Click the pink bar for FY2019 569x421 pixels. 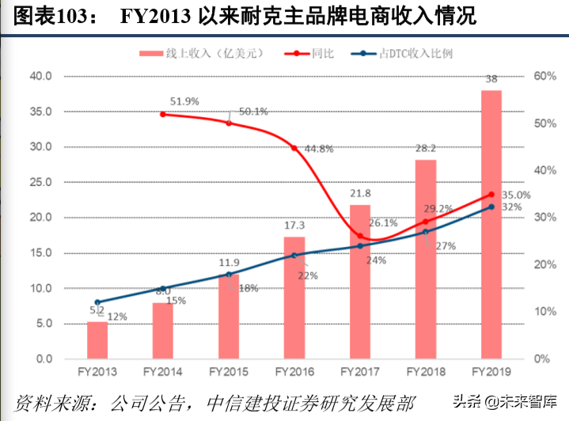(x=491, y=225)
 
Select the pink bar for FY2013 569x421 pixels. (x=97, y=340)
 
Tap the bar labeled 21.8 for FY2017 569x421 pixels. (x=360, y=282)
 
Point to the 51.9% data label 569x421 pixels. (x=184, y=101)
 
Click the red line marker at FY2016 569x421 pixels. (x=294, y=148)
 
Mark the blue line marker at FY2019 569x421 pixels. (x=491, y=207)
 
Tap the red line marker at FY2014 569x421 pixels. (x=163, y=114)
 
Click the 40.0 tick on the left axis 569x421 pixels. (x=40, y=76)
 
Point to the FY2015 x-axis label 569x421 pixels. (x=229, y=371)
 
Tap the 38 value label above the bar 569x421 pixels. (x=491, y=79)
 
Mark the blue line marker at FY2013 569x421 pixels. (x=97, y=302)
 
